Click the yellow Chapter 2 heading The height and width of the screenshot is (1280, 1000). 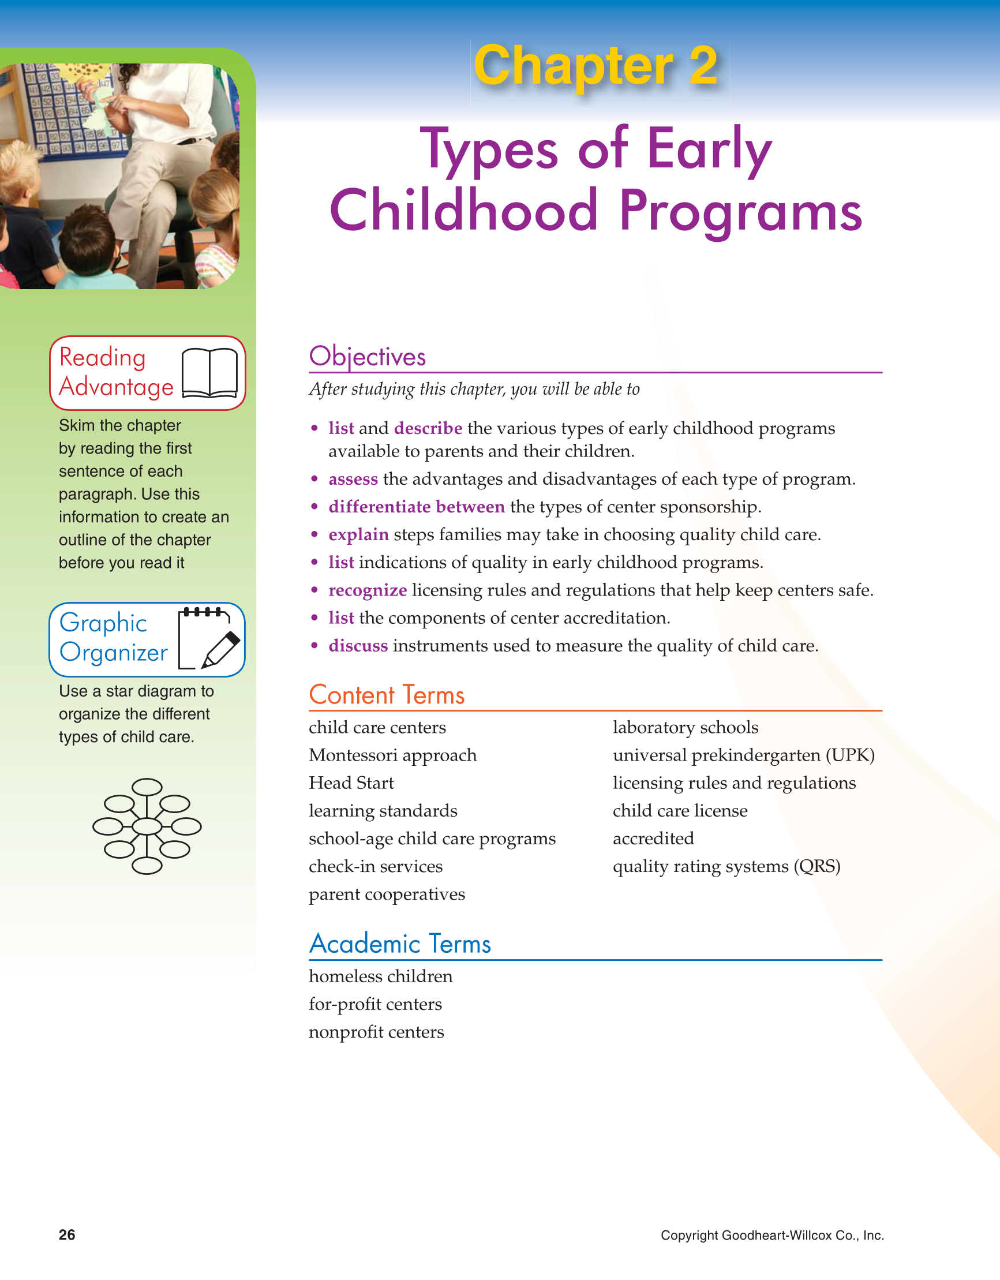[x=595, y=66]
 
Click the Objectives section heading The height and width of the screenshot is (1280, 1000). [x=368, y=356]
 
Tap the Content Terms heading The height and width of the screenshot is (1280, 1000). [x=386, y=695]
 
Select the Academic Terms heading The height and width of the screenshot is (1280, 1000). [x=400, y=944]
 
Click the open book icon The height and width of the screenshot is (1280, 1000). [x=209, y=373]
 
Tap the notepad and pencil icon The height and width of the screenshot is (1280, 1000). [x=209, y=639]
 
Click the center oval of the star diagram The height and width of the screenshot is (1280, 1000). [x=147, y=826]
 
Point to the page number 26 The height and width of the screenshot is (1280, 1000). [x=67, y=1235]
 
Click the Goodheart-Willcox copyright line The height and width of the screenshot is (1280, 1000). [x=772, y=1236]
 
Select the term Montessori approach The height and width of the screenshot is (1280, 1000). [x=393, y=755]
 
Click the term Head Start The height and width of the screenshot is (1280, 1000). [x=351, y=783]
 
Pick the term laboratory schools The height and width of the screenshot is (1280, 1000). [x=686, y=727]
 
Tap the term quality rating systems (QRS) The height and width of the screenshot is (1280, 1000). [x=726, y=866]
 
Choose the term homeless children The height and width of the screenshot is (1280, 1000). [x=380, y=976]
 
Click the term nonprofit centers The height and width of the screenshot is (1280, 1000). [x=376, y=1032]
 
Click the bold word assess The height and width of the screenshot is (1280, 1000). [x=353, y=480]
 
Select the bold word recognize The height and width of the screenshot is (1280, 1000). [x=368, y=590]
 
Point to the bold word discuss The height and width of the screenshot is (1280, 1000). [x=358, y=646]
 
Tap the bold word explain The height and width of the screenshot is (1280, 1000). [x=358, y=534]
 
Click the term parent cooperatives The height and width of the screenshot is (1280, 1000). [x=387, y=894]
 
